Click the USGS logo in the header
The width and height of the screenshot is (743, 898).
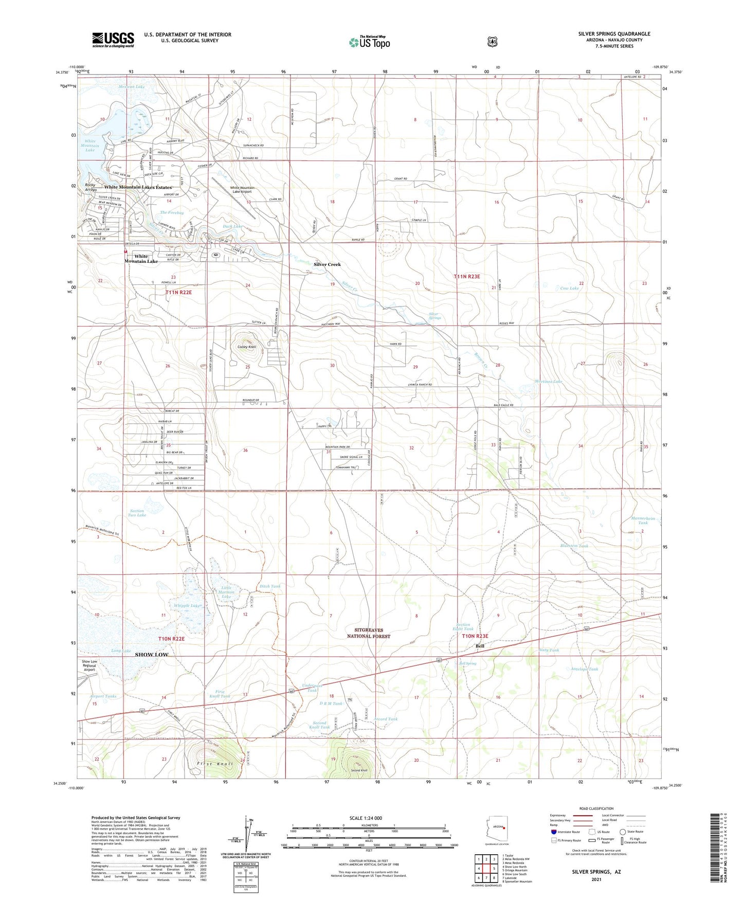[x=113, y=39]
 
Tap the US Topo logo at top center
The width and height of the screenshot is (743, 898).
[x=369, y=42]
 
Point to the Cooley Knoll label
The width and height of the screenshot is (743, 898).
[x=247, y=347]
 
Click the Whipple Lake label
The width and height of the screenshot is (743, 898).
[x=187, y=606]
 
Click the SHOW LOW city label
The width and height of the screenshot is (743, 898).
[x=152, y=655]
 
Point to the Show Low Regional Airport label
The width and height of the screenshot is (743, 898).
[x=89, y=666]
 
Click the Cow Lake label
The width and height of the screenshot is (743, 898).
[x=570, y=289]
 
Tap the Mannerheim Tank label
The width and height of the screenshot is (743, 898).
[x=643, y=520]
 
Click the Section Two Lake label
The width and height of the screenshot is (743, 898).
[x=137, y=513]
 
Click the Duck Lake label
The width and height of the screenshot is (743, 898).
[x=232, y=226]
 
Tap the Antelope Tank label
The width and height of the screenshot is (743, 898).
[x=585, y=669]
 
